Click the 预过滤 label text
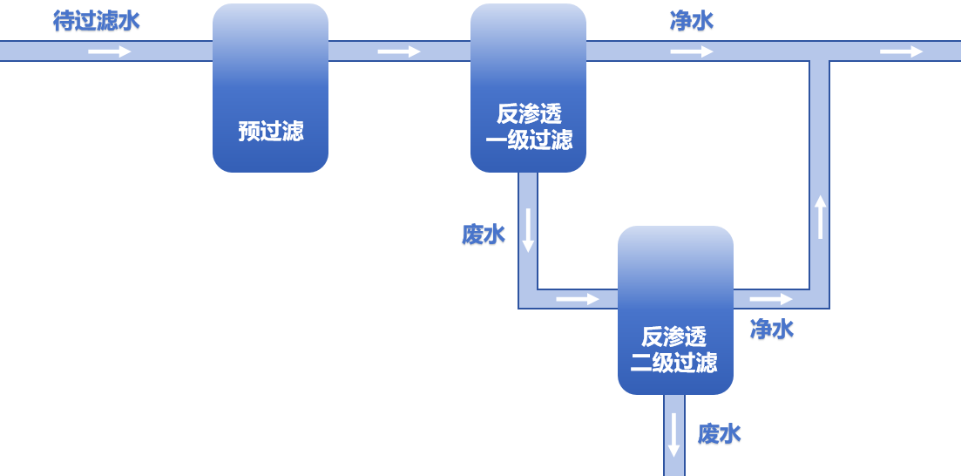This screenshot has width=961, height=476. click(270, 131)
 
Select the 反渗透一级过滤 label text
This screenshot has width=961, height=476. click(528, 127)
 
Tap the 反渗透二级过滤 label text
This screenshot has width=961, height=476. click(674, 350)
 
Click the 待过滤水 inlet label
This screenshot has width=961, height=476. click(96, 22)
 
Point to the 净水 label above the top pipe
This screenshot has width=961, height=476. click(692, 22)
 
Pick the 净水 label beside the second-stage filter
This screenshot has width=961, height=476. click(772, 330)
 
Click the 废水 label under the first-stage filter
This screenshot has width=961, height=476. click(484, 235)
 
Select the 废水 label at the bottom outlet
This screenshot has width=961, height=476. click(720, 434)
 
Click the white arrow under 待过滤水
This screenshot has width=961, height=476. click(110, 51)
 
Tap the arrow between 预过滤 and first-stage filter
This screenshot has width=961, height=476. click(399, 51)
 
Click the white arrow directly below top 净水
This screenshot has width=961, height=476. click(692, 51)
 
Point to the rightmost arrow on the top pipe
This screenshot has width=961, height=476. click(901, 51)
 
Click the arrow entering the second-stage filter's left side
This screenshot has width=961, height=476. click(578, 299)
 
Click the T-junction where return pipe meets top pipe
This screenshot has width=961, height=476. click(820, 51)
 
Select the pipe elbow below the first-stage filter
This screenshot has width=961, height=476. click(528, 299)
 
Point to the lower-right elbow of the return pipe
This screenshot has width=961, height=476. click(820, 299)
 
